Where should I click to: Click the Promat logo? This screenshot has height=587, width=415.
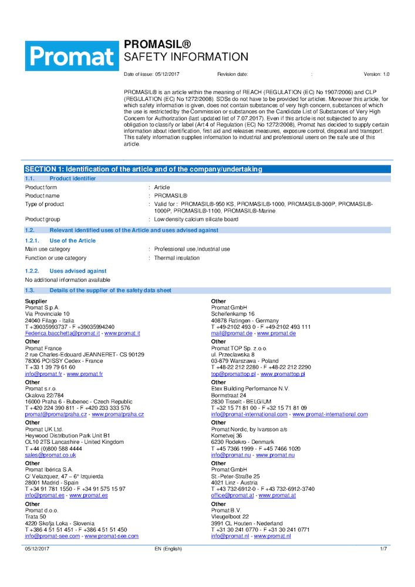(71, 56)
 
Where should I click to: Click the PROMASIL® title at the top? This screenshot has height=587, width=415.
(157, 45)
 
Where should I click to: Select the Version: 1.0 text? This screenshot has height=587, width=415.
(376, 75)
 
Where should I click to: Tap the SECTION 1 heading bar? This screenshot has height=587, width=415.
(143, 169)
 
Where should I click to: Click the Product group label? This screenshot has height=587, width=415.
(42, 219)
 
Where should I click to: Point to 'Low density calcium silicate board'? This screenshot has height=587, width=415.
(196, 219)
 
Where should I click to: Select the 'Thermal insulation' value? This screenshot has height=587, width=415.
(177, 258)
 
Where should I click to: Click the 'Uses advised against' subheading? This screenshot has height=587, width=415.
(77, 271)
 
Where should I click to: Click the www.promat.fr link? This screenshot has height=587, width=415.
(85, 374)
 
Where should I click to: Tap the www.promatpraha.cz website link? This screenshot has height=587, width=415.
(117, 414)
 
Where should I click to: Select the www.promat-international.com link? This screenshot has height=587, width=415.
(330, 414)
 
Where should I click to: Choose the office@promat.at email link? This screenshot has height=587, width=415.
(232, 495)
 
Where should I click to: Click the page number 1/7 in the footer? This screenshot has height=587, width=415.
(383, 548)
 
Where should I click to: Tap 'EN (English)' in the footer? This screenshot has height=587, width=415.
(168, 548)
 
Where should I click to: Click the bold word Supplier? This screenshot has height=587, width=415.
(36, 301)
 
